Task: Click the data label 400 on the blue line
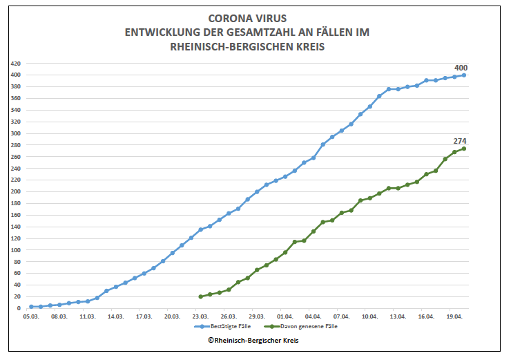461,68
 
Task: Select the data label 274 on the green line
461,141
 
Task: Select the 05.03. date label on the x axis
30,316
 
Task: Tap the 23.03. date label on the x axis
201,316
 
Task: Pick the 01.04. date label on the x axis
285,316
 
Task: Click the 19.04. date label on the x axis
454,316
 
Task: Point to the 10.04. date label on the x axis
370,316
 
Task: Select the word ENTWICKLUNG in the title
162,32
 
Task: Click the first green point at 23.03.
201,296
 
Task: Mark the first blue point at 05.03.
31,307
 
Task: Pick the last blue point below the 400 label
464,75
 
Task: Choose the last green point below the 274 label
464,149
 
